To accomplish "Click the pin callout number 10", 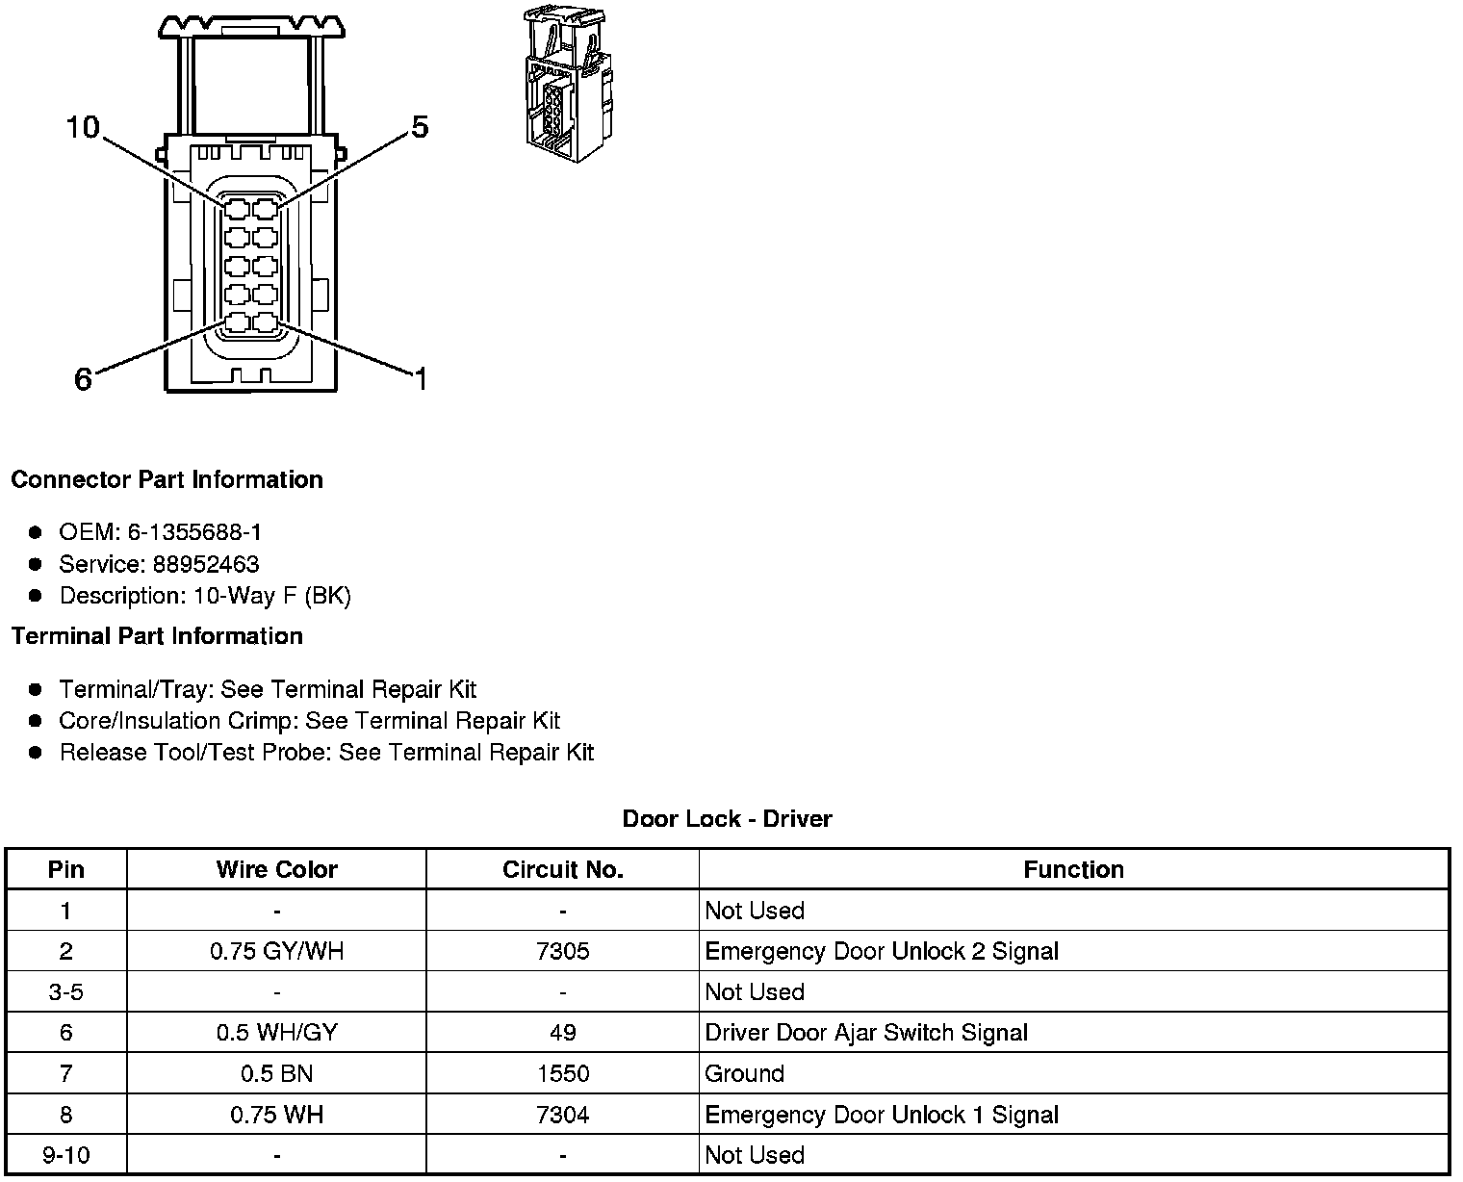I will (83, 127).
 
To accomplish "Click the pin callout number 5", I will (420, 127).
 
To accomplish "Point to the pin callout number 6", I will (83, 380).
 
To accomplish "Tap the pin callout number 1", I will (420, 380).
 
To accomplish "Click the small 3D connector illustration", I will (568, 79).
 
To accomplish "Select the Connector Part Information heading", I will (167, 479).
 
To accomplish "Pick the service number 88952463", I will (205, 564).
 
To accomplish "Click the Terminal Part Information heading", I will (157, 636).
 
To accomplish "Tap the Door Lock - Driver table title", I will (727, 819).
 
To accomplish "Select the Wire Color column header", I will (276, 870).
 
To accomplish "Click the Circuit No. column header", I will (563, 870).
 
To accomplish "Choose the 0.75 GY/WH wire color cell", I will (276, 952).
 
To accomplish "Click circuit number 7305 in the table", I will (563, 952).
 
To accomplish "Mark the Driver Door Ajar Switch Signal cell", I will (866, 1034).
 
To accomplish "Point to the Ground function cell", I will (744, 1074).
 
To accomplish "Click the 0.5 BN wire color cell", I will (276, 1074).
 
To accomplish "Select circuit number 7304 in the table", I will (563, 1116).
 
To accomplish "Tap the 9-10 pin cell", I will (65, 1156).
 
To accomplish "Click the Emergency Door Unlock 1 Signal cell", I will (882, 1116).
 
